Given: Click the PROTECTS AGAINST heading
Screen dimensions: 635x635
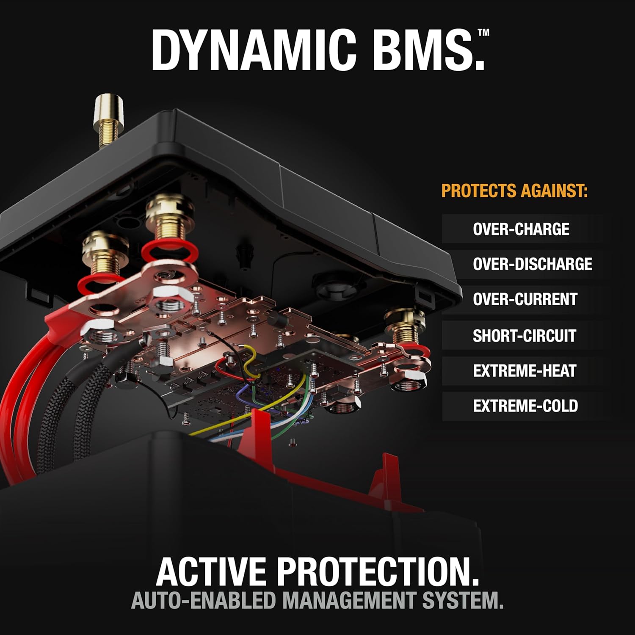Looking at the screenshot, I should click(x=514, y=191).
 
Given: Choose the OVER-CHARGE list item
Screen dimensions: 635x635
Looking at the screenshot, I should click(x=521, y=229).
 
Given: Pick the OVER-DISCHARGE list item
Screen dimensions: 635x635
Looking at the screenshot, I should click(x=532, y=264).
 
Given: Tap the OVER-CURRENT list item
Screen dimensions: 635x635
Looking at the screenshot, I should click(x=525, y=299).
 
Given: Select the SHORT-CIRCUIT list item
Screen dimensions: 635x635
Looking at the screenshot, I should click(x=524, y=336).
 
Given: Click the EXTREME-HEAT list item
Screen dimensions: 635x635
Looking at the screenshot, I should click(x=524, y=371).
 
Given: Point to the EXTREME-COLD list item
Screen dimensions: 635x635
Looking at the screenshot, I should click(x=525, y=406).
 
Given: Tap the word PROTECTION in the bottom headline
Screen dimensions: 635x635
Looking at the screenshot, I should click(x=378, y=572).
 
